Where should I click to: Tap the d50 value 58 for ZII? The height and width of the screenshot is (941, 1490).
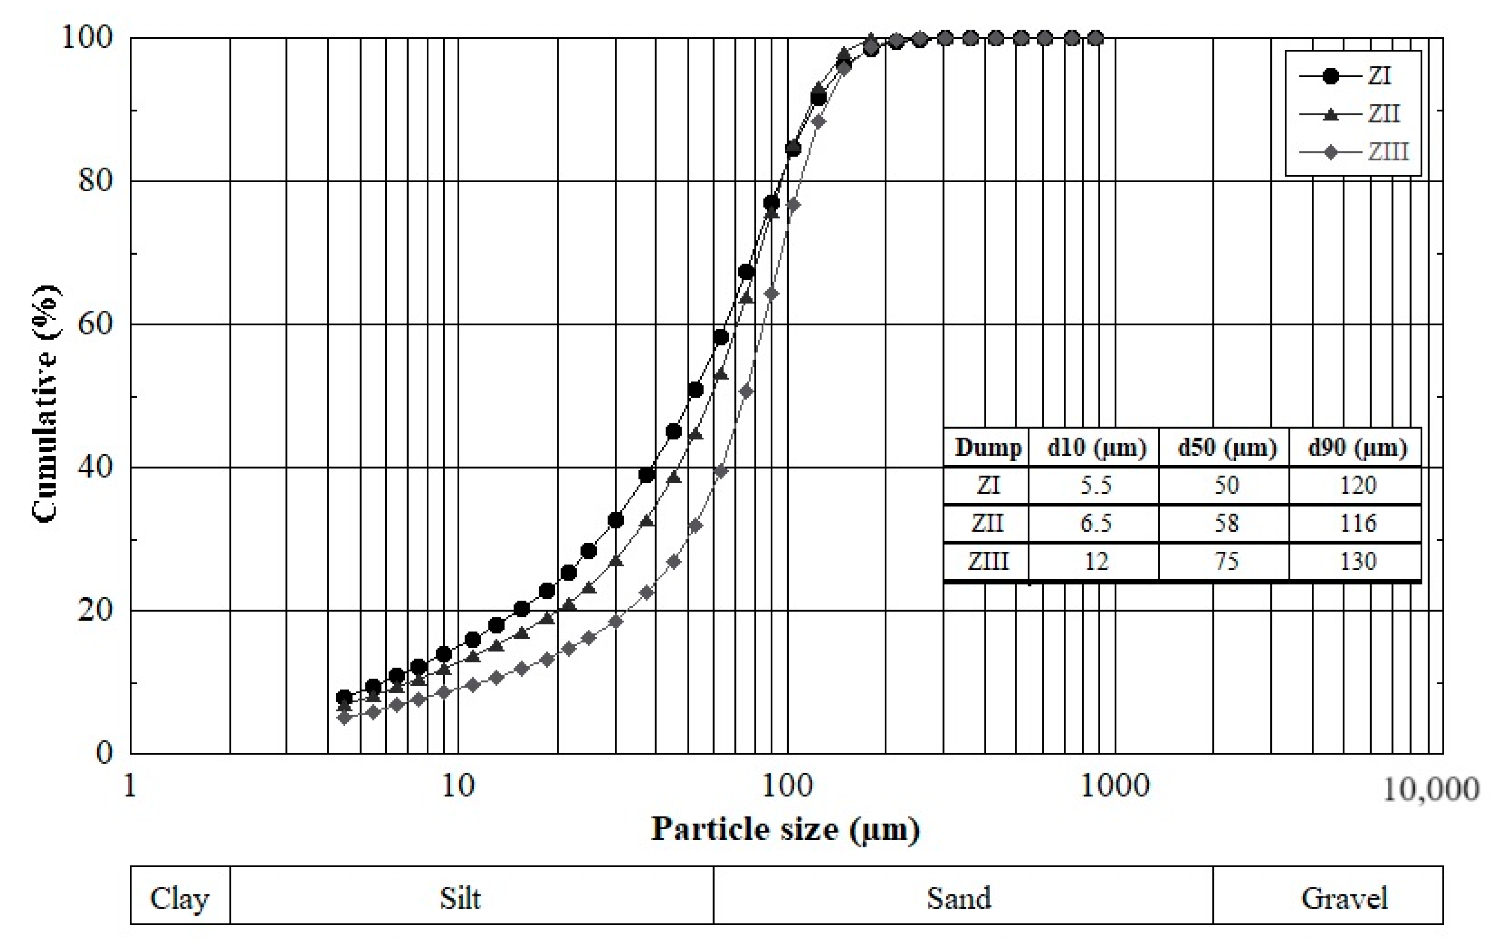click(1227, 524)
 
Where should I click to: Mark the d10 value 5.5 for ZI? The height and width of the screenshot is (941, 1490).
click(1096, 485)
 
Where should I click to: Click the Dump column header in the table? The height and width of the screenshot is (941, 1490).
click(987, 447)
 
